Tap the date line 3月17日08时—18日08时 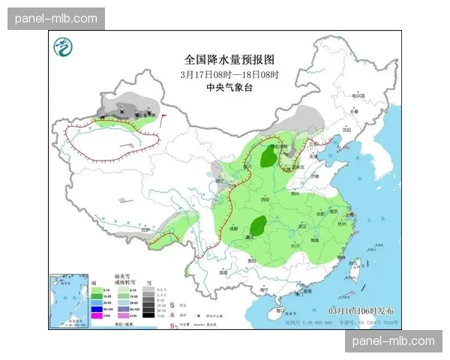tap(229, 74)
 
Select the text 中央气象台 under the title tap(229, 88)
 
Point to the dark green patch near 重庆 tap(259, 224)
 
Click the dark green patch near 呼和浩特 tap(268, 157)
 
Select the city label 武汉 tap(304, 225)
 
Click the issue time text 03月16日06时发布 tap(360, 310)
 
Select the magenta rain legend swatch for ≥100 tap(96, 316)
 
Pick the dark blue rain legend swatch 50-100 tap(96, 309)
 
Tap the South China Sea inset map tap(67, 300)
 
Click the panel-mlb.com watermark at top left tap(57, 18)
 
